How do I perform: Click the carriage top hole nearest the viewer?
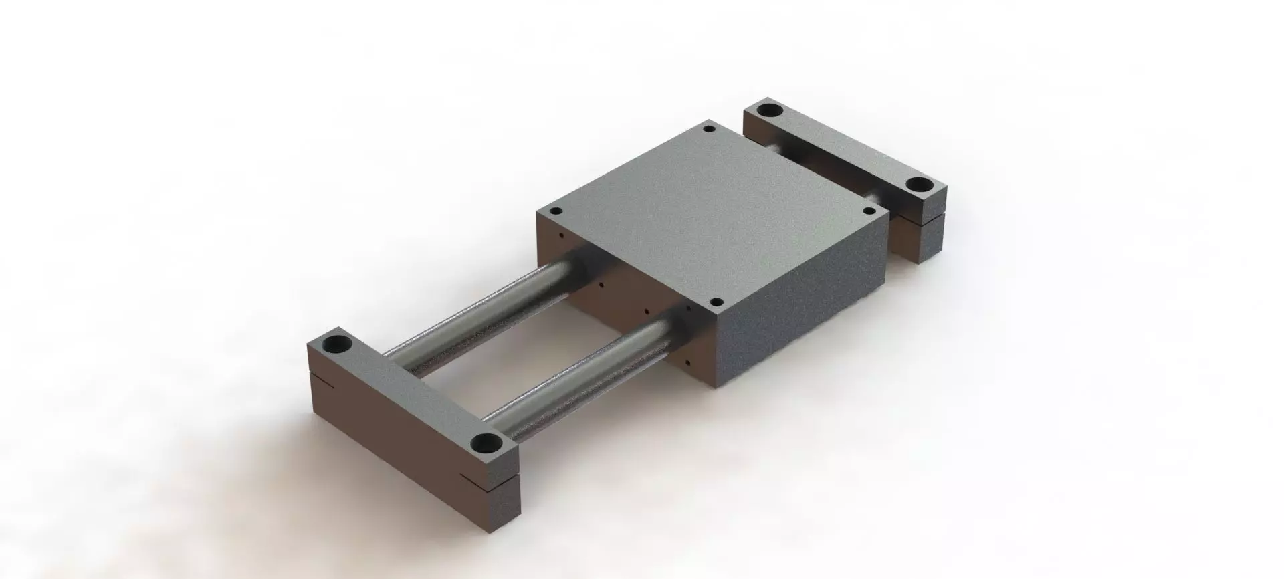[715, 302]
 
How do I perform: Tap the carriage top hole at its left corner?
[554, 211]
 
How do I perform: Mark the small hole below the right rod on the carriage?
[687, 361]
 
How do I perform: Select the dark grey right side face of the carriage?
[802, 308]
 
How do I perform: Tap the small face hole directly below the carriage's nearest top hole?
[688, 309]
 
